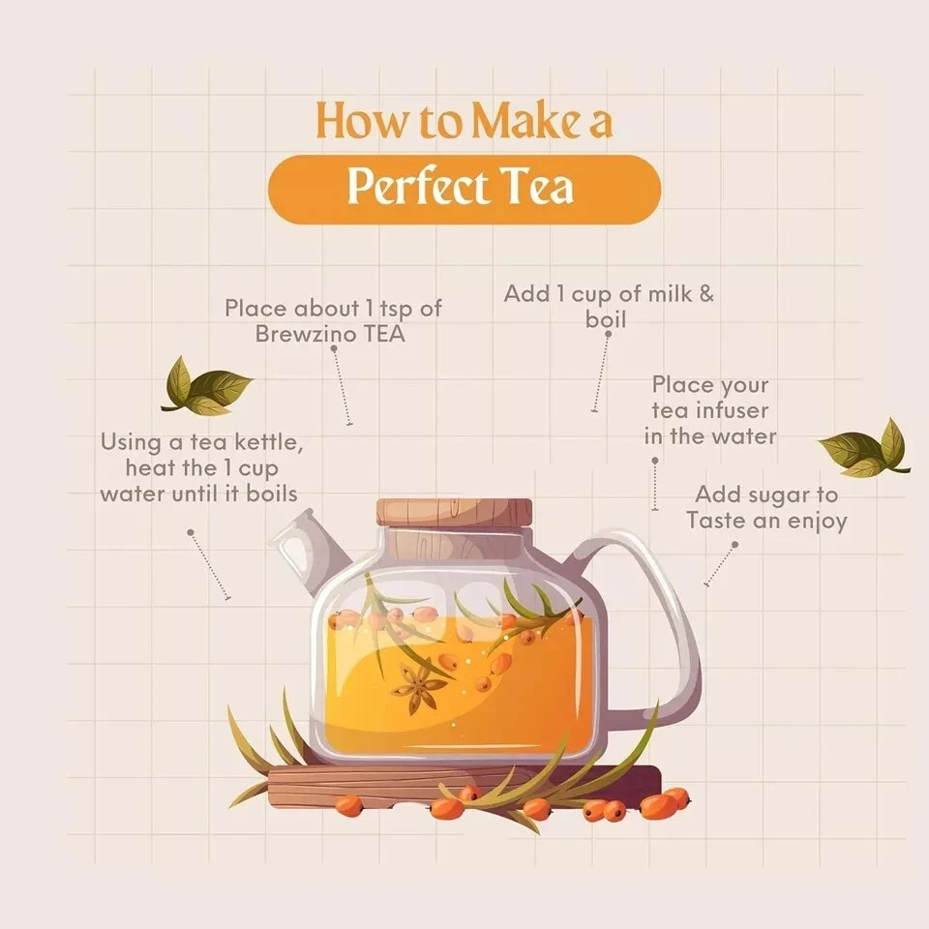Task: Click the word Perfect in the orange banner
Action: point(418,187)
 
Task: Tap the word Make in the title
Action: point(526,121)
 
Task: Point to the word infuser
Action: point(732,410)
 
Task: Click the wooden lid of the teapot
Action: point(455,513)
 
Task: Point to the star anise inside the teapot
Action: point(419,687)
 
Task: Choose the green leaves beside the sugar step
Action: point(864,448)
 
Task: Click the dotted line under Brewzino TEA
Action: point(342,386)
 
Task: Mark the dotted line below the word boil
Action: point(601,372)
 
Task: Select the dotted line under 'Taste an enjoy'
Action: point(720,564)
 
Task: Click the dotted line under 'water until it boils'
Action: point(209,565)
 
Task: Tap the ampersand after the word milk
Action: point(706,294)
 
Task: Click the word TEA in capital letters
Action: point(384,334)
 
